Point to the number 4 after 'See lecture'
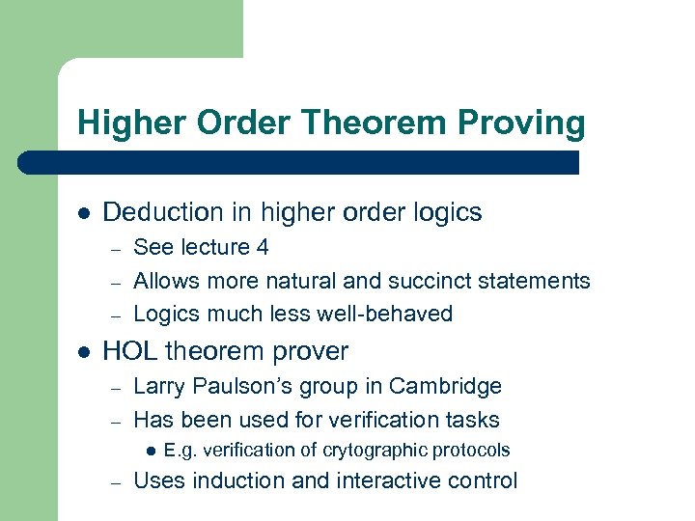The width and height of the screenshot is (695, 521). [x=262, y=248]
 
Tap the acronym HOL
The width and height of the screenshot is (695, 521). [x=130, y=351]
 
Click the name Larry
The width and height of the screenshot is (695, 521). [x=161, y=387]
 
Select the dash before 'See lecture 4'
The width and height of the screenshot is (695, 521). [x=115, y=249]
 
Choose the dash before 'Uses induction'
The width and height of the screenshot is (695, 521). [x=115, y=481]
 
